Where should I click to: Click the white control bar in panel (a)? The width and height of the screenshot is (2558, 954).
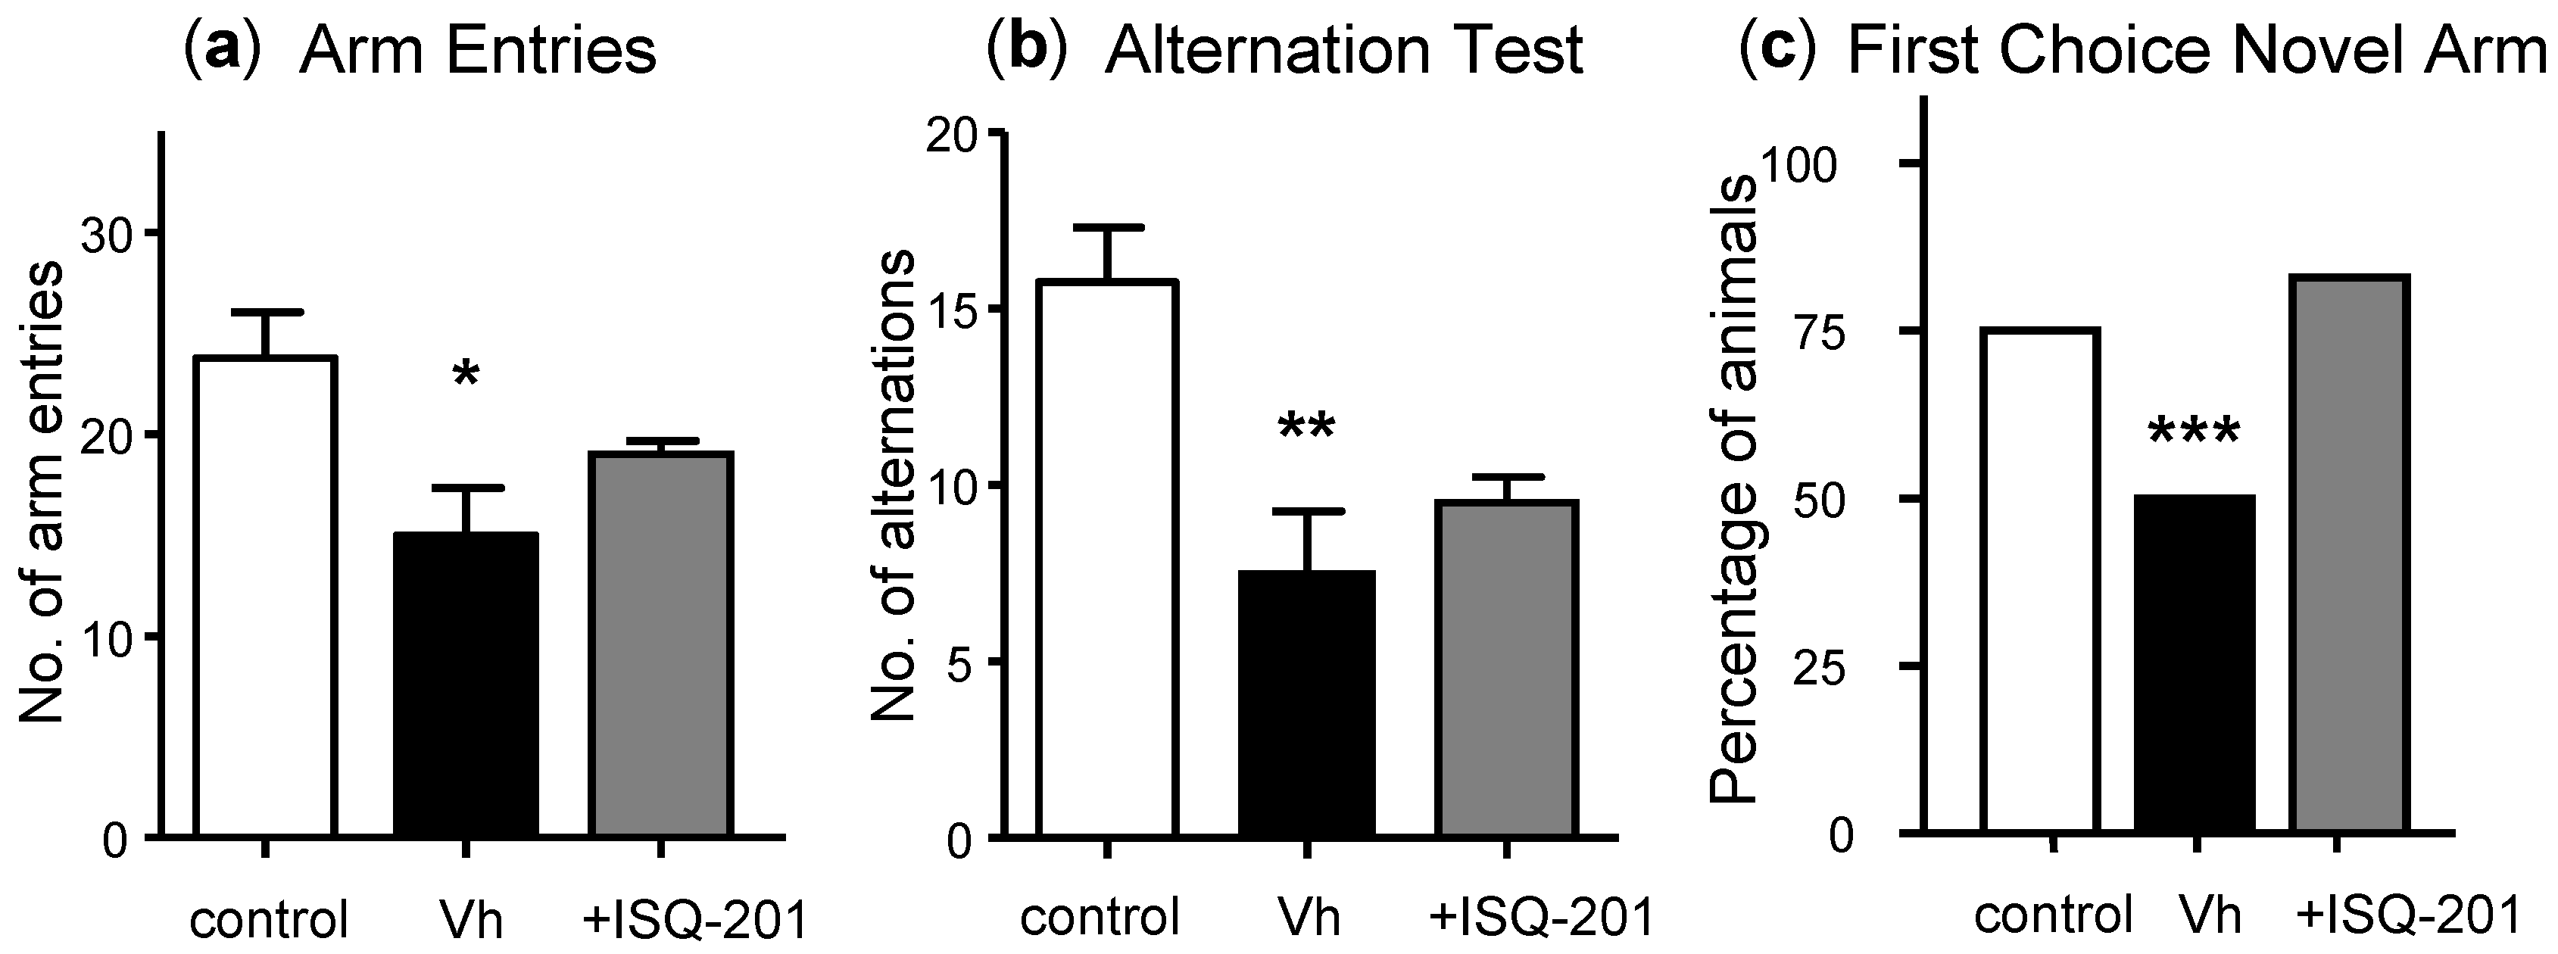point(265,596)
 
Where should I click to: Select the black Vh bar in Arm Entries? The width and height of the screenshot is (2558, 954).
point(466,685)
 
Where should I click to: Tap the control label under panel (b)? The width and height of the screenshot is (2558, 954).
point(1100,915)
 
